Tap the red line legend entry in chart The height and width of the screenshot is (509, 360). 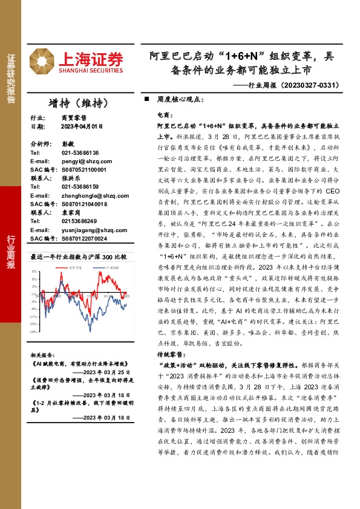click(75, 265)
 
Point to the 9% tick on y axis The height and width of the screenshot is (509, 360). click(35, 272)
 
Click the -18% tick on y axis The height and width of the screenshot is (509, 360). click(34, 332)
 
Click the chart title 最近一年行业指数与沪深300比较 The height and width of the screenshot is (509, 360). click(78, 256)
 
